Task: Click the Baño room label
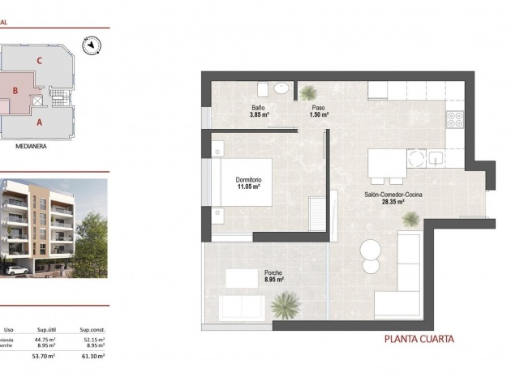click(x=259, y=108)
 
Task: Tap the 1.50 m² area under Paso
click(x=319, y=115)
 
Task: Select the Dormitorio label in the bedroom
click(x=249, y=179)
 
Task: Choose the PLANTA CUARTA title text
click(x=419, y=339)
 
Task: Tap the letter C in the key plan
click(x=39, y=60)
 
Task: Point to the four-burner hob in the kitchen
click(x=454, y=119)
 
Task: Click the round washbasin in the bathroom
click(x=281, y=88)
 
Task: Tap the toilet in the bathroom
click(x=263, y=88)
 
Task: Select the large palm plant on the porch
click(x=285, y=306)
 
